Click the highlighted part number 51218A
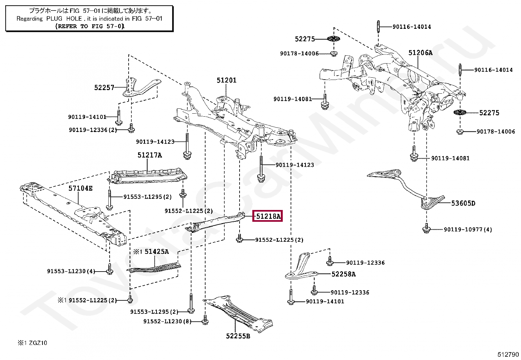268,216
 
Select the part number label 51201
226,80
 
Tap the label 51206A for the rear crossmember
420,53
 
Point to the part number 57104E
80,188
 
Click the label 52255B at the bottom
238,336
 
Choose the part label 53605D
463,203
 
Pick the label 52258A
343,274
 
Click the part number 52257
104,87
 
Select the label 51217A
150,155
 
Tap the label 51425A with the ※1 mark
152,252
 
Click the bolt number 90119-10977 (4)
468,230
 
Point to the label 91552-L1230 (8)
167,321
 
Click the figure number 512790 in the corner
508,354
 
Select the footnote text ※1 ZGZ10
32,343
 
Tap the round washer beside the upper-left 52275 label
333,39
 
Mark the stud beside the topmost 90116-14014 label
378,27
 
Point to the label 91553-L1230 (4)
71,271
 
